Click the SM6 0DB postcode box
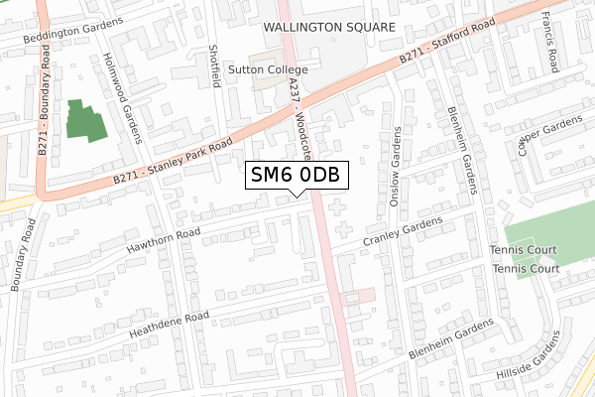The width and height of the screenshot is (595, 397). [x=297, y=175]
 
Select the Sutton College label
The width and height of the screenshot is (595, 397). [x=268, y=70]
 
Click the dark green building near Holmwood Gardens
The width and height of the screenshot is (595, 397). [x=84, y=119]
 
